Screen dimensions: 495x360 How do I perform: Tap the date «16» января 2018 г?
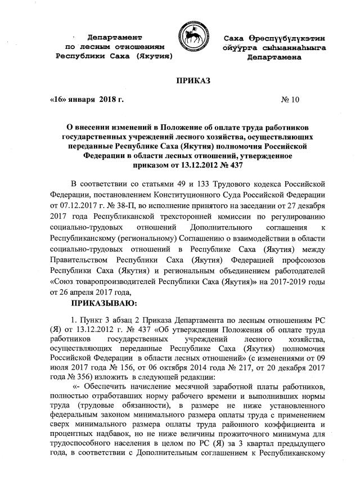click(87, 100)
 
